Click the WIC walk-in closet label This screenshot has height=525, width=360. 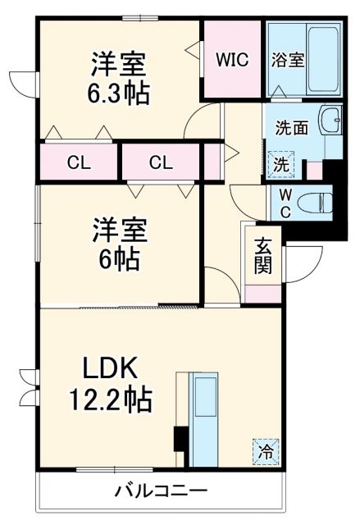pyautogui.click(x=233, y=59)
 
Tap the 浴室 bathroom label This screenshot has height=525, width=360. pyautogui.click(x=288, y=59)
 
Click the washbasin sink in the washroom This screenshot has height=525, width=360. pyautogui.click(x=331, y=121)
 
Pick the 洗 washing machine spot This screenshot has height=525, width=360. pyautogui.click(x=280, y=163)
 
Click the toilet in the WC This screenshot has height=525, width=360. pyautogui.click(x=315, y=199)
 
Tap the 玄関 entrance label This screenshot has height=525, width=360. pyautogui.click(x=263, y=254)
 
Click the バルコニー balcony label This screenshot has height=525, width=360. pyautogui.click(x=161, y=492)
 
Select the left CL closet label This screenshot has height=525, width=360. pyautogui.click(x=79, y=162)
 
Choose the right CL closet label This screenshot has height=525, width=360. pyautogui.click(x=161, y=162)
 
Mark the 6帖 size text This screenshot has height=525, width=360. pyautogui.click(x=119, y=261)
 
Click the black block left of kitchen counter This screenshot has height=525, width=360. pyautogui.click(x=178, y=440)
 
